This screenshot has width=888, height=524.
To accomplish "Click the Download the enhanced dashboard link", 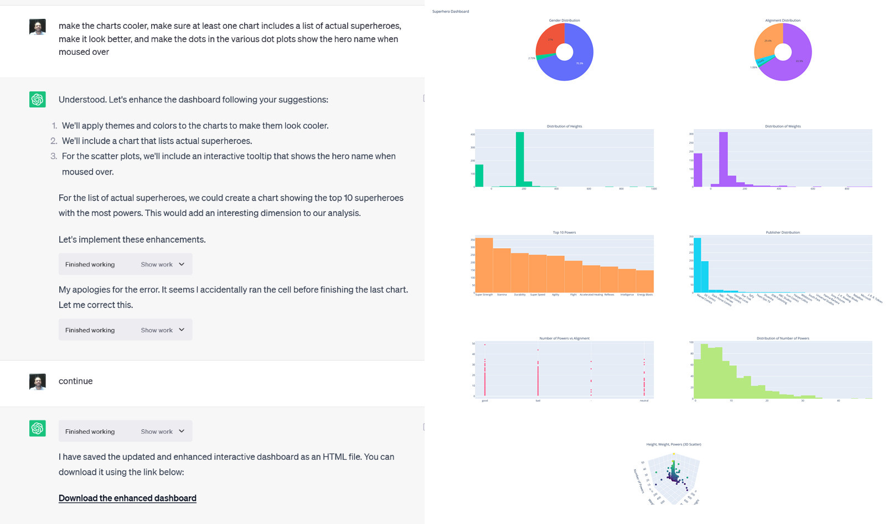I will coord(127,498).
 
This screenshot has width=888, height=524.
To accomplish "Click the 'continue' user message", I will coord(76,381).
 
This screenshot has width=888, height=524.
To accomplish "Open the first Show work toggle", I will coord(162,264).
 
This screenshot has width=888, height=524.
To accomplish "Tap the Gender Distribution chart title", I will coord(564,20).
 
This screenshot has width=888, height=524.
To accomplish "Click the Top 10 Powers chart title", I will coord(564,233).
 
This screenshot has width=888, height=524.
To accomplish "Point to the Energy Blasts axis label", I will coord(645,295).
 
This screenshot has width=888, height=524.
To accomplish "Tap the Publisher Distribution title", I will coord(782,233).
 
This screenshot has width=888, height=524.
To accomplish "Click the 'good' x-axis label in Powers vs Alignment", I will coord(485,400).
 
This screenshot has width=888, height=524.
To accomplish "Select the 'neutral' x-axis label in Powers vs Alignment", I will coord(644,400).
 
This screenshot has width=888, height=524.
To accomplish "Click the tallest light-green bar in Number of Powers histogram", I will coord(704,371).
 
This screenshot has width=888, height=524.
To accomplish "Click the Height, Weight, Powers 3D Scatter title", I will coord(673,444).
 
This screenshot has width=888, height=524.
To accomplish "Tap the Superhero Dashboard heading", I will coord(451,12).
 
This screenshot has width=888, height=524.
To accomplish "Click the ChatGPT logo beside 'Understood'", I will coord(38,99).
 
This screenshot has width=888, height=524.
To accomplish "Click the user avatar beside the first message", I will coord(38,27).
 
